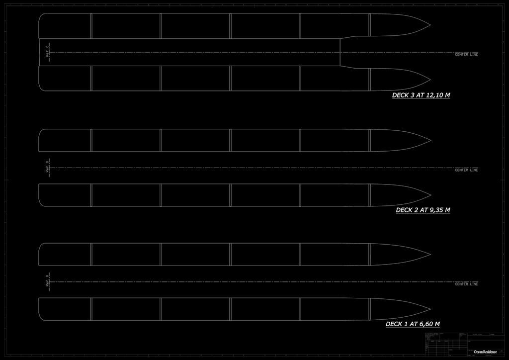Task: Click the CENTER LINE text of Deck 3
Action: click(x=466, y=55)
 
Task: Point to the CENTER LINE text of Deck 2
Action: click(x=466, y=170)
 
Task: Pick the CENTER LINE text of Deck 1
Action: click(x=466, y=284)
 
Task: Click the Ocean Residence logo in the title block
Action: click(x=485, y=352)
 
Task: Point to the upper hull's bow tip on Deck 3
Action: click(x=430, y=25)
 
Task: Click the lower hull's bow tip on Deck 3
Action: click(x=430, y=80)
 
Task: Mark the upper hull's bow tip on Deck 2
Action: click(x=430, y=140)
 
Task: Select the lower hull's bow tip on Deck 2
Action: click(x=430, y=195)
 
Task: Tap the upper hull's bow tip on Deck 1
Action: click(x=430, y=254)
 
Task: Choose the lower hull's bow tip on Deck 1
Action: click(x=430, y=309)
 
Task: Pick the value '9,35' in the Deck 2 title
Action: click(x=435, y=210)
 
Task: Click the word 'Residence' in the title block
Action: click(x=490, y=352)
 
